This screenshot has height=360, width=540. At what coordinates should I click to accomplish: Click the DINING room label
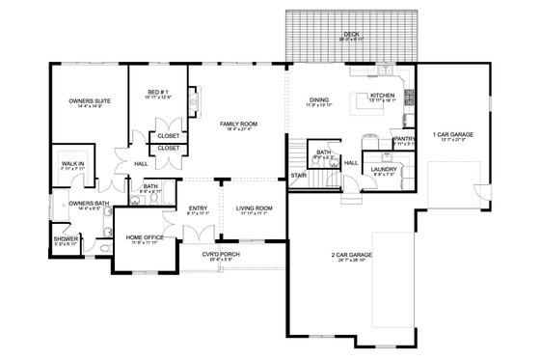tap(319, 99)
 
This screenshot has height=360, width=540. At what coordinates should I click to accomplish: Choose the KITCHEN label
tap(383, 96)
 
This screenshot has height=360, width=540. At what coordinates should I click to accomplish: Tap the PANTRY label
tap(405, 138)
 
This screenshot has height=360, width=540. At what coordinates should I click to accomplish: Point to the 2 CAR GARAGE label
tap(353, 255)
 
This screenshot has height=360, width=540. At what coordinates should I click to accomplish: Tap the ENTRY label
tap(200, 208)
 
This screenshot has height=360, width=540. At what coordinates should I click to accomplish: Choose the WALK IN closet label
tap(73, 164)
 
